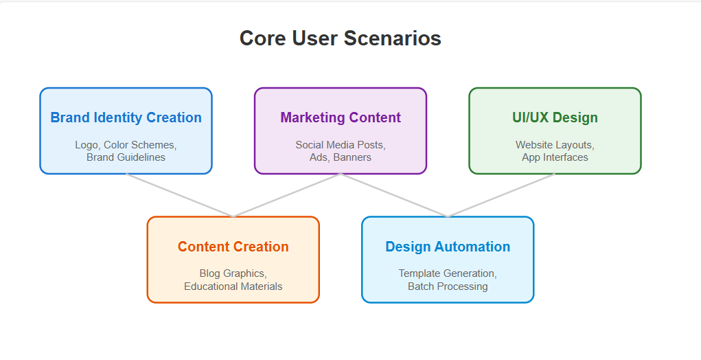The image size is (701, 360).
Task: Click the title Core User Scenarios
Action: [x=341, y=38]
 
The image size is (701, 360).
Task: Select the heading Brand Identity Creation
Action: [x=126, y=117]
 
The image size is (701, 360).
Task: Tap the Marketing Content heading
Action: [x=341, y=117]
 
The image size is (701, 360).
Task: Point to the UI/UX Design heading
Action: [x=555, y=117]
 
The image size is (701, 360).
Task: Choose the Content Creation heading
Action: [x=233, y=247]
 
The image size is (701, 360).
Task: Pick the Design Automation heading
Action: [x=448, y=247]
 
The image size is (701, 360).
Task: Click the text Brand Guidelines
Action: [x=126, y=157]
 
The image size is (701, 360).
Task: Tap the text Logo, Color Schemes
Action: [x=126, y=145]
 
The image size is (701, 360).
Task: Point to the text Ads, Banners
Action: [x=341, y=157]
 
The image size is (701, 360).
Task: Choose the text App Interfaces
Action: [x=555, y=157]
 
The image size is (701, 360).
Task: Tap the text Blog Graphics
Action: [x=233, y=273]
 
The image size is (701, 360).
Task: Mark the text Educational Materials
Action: [x=233, y=286]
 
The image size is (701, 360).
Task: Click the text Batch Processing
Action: [x=448, y=286]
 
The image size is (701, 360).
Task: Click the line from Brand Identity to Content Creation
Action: [x=179, y=195]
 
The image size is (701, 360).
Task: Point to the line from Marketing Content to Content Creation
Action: [x=286, y=195]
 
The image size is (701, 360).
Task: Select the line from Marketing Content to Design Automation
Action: [x=394, y=195]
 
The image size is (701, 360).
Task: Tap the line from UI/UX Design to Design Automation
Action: [x=501, y=195]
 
